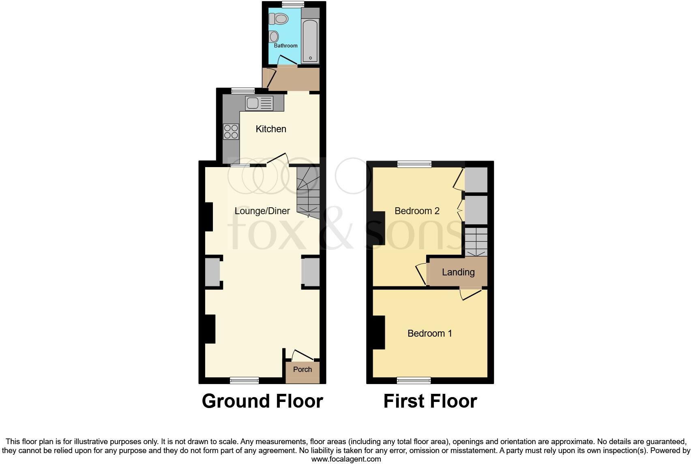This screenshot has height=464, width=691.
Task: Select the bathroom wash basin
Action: [x=274, y=37]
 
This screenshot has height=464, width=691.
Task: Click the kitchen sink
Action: [x=259, y=103]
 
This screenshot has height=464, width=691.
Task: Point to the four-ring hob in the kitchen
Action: [x=231, y=131]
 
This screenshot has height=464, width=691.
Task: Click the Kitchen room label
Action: [x=271, y=129]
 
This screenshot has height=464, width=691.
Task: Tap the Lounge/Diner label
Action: [x=262, y=211]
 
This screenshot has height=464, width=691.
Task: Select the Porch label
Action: [x=303, y=369]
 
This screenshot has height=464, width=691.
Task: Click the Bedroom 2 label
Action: [x=417, y=211]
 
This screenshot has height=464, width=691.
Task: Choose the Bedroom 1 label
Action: [x=429, y=333]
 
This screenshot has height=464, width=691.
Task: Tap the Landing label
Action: [x=458, y=272]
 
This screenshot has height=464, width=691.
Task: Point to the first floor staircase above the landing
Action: [x=476, y=242]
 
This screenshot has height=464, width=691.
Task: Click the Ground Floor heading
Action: [x=262, y=401]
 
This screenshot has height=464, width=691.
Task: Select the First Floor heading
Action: [x=430, y=401]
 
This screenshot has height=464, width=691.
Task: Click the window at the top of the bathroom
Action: [x=293, y=4]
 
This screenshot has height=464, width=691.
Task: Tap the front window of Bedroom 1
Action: [x=414, y=380]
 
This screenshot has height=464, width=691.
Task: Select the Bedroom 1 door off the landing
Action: [x=470, y=294]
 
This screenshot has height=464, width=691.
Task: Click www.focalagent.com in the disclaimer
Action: [x=346, y=459]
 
